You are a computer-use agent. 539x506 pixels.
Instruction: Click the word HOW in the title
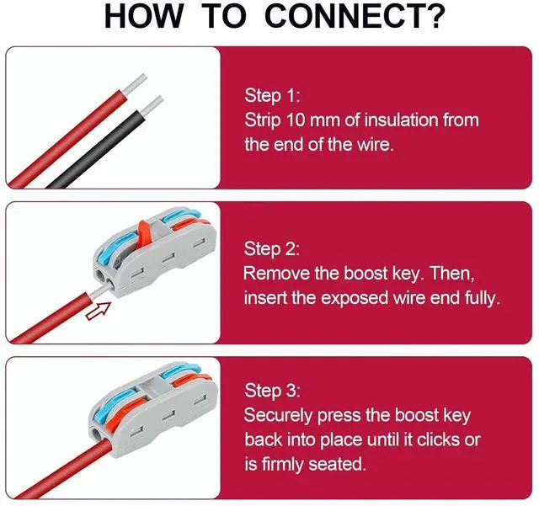144,16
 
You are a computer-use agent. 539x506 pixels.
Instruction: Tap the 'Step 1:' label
272,95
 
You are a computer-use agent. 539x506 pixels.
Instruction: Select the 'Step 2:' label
271,248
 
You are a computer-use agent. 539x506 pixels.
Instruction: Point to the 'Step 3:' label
272,391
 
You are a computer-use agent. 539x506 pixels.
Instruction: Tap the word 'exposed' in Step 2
355,298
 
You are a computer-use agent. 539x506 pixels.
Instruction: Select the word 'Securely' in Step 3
279,416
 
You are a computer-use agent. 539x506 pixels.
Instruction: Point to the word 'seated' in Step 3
336,464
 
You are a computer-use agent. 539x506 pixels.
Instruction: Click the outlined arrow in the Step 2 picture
99,311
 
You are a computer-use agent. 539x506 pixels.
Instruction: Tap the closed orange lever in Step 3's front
125,414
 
